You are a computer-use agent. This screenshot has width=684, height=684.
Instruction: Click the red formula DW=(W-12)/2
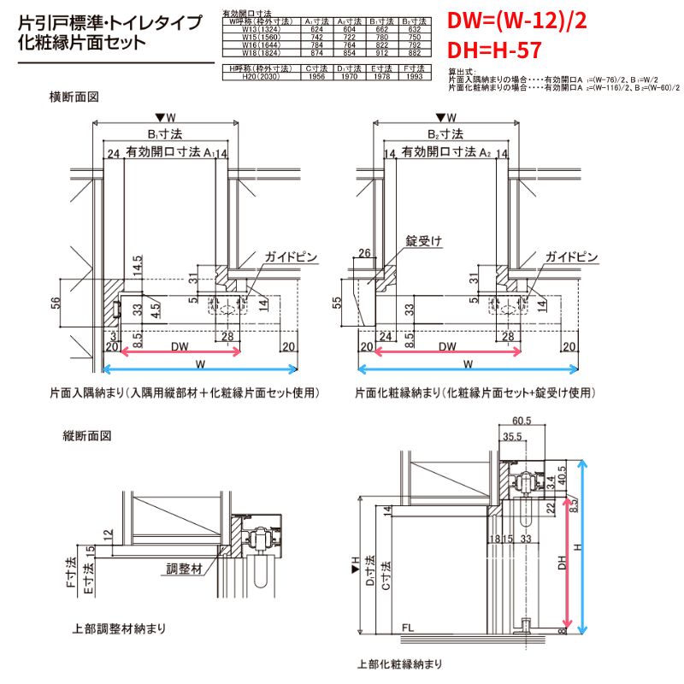517,21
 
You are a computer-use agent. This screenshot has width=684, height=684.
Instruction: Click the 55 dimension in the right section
336,303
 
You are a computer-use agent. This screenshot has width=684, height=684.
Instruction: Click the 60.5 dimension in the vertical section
522,421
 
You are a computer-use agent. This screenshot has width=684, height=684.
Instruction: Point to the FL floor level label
410,628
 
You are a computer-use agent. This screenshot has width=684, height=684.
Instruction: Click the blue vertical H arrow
584,547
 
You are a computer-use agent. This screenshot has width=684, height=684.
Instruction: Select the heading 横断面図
75,97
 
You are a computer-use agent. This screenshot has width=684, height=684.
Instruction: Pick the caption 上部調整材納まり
120,628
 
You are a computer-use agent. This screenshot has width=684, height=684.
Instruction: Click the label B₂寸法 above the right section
445,134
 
